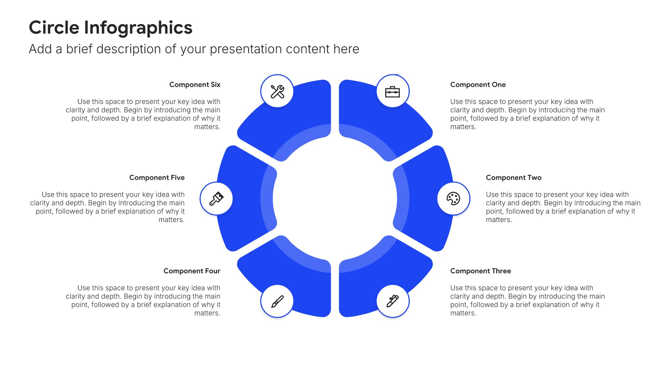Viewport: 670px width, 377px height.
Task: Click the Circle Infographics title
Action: coord(110,28)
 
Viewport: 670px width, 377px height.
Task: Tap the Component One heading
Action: coord(478,84)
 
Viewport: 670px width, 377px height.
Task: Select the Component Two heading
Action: coord(513,177)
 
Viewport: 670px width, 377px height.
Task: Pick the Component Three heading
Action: coord(480,271)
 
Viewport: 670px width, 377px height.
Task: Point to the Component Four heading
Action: coord(192,271)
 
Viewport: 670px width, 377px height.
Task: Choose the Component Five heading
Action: coord(157,177)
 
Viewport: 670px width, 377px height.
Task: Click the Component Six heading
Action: coord(195,84)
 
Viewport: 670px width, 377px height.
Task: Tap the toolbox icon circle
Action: coord(393,91)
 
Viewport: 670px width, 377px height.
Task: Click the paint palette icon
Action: coord(453,199)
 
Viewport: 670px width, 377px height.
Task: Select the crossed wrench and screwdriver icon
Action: coord(277,91)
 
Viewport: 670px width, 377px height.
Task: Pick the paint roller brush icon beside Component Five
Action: coord(216,199)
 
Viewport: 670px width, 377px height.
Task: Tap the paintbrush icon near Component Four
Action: coord(277,301)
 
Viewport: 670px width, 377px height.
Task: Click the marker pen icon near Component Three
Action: coord(393,301)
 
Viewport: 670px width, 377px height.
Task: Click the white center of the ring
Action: coord(335,198)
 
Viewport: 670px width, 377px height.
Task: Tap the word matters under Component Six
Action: coord(207,127)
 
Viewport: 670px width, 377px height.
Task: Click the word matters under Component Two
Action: coord(499,220)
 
